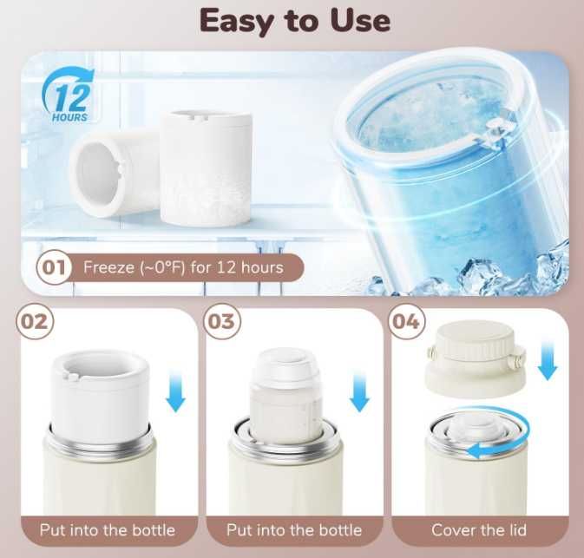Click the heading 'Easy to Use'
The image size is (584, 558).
pos(295,21)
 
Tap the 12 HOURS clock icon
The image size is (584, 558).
pos(69,95)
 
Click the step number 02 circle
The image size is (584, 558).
pos(35,321)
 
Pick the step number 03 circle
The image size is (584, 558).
pos(222,321)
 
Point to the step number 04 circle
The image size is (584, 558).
pos(406,321)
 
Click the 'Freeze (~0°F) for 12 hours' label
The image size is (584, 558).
pos(183,267)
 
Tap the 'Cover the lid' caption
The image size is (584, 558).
pos(479,529)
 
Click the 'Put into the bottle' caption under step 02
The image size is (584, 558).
pos(108,529)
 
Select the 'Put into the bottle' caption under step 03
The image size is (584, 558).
pos(294,529)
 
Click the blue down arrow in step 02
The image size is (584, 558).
pos(175,393)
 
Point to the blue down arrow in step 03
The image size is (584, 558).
pos(359,393)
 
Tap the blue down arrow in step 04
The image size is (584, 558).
pos(548,361)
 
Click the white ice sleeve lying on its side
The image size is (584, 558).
pos(112,172)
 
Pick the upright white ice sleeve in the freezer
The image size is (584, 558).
pos(207,168)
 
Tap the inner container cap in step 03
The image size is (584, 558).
pos(286,368)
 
